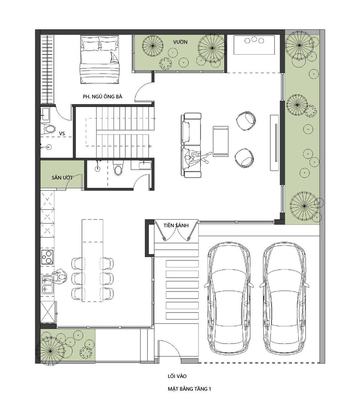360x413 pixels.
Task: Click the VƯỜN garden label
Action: point(180,42)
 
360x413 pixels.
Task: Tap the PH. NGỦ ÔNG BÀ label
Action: point(102,96)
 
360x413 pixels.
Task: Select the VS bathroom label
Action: point(62,133)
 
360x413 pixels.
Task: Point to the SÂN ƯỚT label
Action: point(62,178)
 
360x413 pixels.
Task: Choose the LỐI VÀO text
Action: point(177,376)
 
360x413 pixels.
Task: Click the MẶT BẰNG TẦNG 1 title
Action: point(190,389)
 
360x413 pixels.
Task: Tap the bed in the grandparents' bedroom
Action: point(100,60)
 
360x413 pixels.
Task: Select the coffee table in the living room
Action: point(220,141)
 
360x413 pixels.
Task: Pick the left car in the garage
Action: point(228,298)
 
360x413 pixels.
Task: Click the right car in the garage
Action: point(284,298)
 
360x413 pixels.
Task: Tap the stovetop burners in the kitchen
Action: point(48,257)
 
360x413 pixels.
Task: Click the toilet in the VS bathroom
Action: point(49,129)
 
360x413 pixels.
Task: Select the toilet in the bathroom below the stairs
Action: point(118,168)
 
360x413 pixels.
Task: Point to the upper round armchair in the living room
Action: point(246,121)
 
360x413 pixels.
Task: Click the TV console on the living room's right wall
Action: point(274,142)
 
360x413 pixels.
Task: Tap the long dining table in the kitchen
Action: point(92,260)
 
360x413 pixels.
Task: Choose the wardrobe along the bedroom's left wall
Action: point(48,69)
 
